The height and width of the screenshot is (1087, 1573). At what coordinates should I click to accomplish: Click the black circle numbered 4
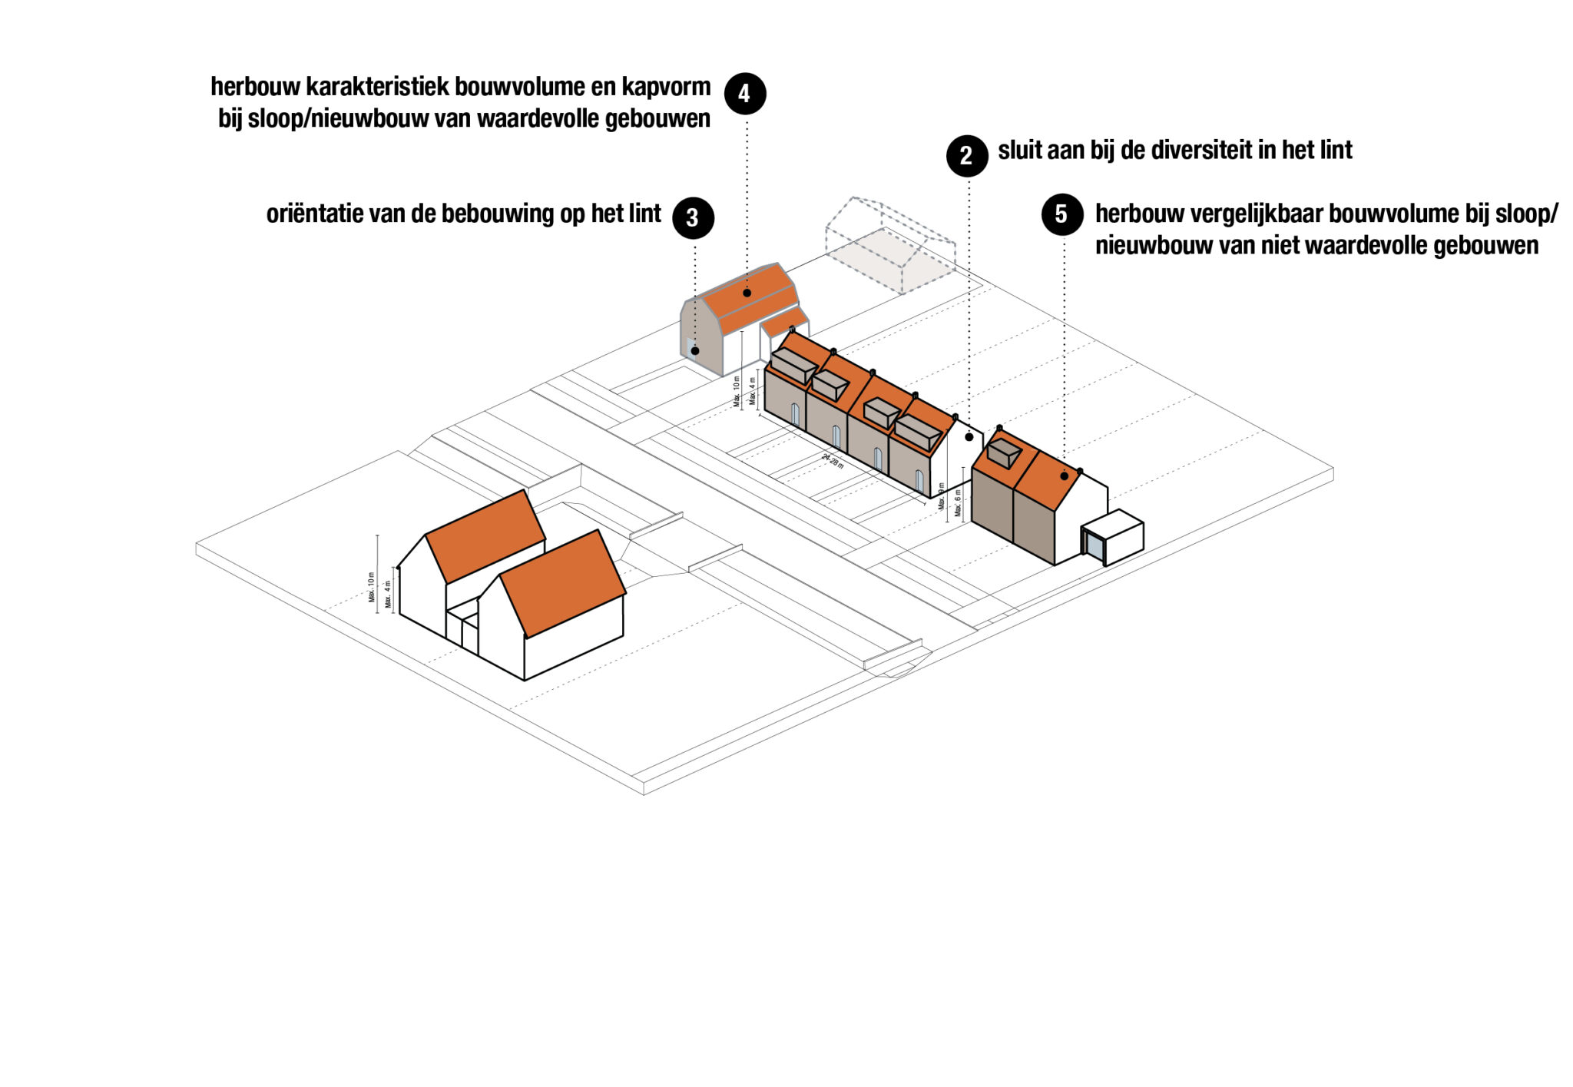[x=745, y=94]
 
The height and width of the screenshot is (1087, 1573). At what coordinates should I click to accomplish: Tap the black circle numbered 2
[x=966, y=156]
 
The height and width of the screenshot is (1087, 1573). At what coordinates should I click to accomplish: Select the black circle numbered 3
[x=693, y=218]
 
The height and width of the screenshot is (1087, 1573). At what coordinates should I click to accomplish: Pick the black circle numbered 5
[x=1062, y=214]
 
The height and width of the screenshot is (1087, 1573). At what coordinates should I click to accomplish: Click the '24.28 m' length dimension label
[x=833, y=461]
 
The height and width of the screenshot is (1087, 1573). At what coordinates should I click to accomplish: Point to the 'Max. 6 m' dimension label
[x=958, y=503]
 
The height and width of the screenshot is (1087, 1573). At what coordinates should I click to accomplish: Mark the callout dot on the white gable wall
[x=969, y=437]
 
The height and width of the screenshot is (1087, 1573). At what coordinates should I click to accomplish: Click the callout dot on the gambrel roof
[x=747, y=293]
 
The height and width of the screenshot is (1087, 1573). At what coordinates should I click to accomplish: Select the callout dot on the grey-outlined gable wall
[x=694, y=351]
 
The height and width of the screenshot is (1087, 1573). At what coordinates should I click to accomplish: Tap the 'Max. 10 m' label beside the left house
[x=372, y=586]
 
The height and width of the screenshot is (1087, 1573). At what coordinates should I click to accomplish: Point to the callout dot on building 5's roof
[x=1064, y=476]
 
